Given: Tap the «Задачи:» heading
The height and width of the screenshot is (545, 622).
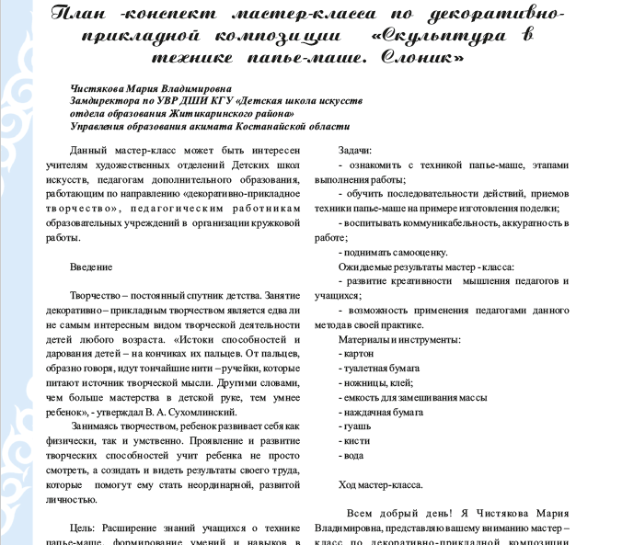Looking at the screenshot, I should (x=355, y=150).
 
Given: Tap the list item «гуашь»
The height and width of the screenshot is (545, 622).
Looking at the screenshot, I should (x=356, y=426).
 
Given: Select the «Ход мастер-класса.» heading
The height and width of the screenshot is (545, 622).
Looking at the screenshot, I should (x=381, y=484).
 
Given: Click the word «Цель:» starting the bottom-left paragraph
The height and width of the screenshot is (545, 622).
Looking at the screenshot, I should (x=83, y=530).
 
